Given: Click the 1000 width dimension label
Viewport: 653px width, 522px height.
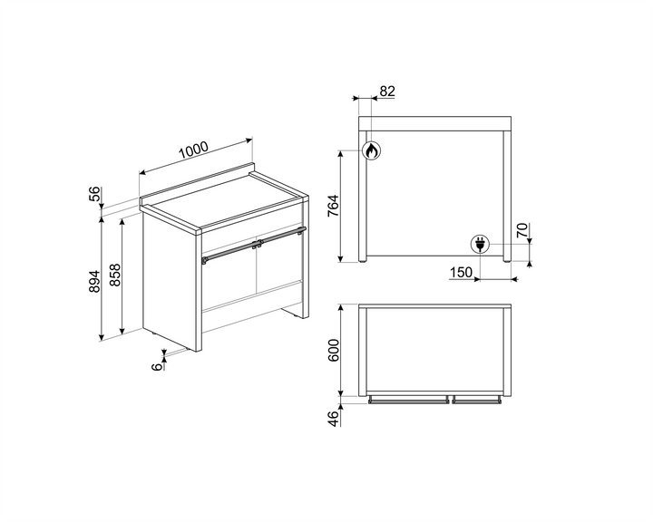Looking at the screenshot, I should (194, 150).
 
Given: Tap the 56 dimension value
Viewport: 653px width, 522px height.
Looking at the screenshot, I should (94, 195).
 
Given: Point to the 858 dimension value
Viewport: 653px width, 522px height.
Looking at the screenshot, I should (116, 276).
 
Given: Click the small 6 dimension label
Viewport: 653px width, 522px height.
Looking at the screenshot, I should (157, 365).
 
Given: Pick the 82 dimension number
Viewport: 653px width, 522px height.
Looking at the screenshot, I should (387, 91).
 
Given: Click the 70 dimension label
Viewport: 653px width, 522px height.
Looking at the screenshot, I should (521, 231).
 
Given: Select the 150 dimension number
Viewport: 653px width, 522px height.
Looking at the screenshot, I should (460, 273).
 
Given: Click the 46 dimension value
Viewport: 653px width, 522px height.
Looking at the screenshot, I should (333, 418).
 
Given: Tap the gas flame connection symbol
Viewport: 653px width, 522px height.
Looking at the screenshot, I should (370, 151).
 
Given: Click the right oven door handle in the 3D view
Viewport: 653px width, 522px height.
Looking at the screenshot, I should (284, 237).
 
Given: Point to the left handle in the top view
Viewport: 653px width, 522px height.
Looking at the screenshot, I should (408, 399).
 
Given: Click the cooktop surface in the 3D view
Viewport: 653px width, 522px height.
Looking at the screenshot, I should (227, 203).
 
